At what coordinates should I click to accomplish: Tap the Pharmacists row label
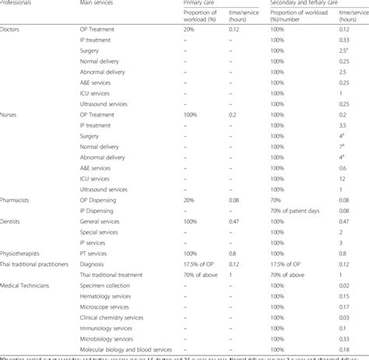point(19,200)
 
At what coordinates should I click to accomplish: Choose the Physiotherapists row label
point(24,253)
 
